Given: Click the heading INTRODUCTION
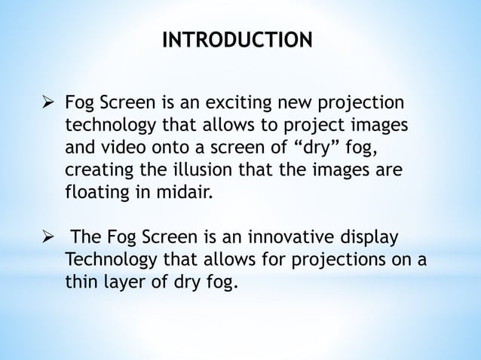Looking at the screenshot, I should coord(237,38).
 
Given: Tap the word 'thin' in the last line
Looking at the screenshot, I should coord(80,282).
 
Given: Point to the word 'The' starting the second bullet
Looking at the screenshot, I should coord(84,239).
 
